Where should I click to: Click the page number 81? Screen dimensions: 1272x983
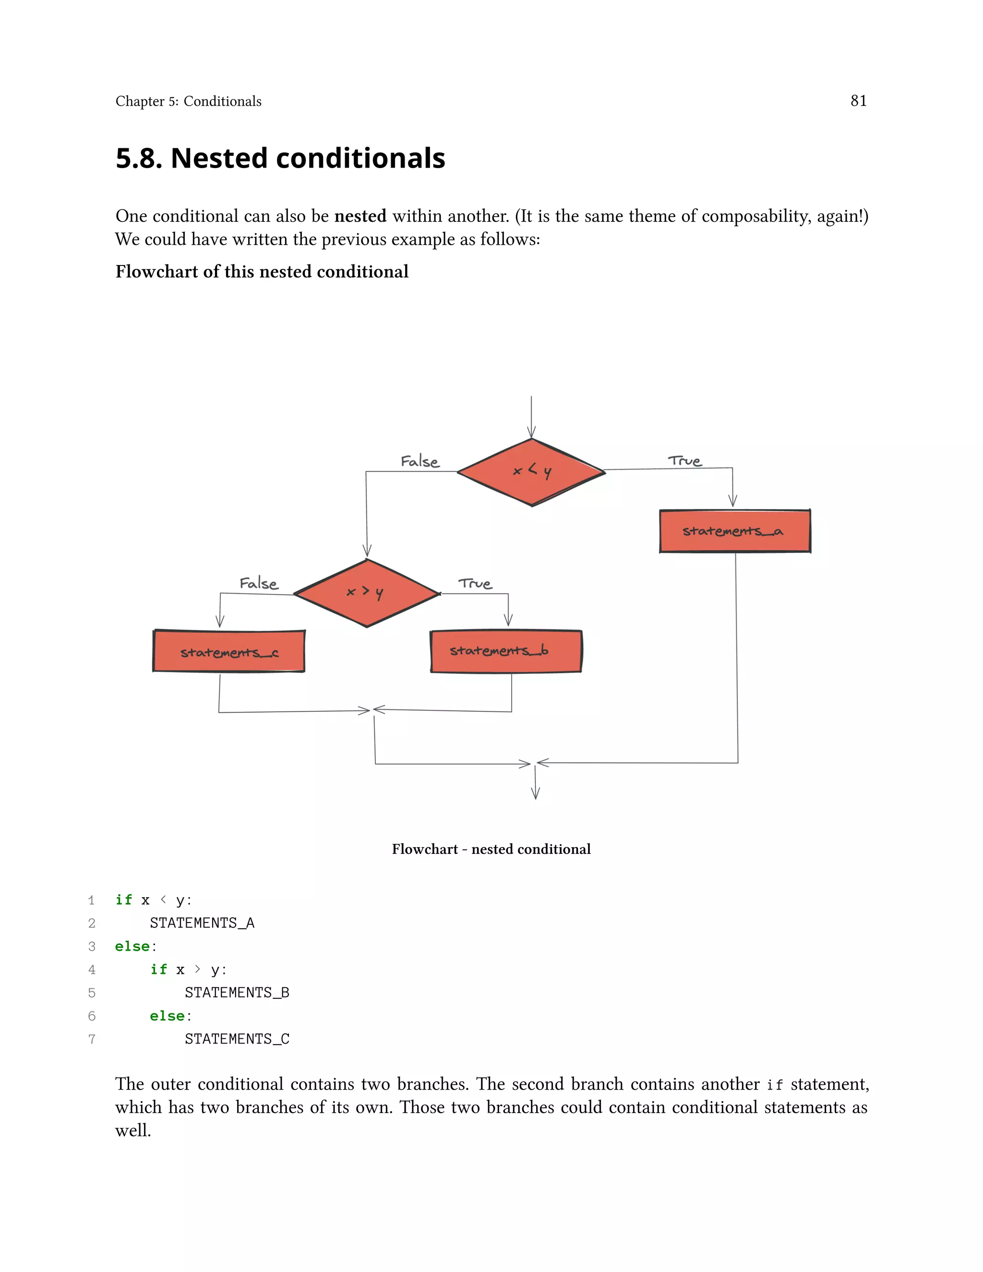858,101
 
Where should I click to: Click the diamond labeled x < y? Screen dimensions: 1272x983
531,472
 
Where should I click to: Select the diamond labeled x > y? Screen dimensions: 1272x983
366,593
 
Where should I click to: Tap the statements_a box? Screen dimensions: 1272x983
734,530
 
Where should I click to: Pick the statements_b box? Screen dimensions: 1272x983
505,650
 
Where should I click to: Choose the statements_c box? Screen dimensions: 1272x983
229,651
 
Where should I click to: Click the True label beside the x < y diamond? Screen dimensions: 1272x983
685,461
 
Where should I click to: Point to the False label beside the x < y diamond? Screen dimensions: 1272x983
420,461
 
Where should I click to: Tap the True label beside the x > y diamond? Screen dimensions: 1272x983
475,583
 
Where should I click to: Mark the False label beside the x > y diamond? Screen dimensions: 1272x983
259,583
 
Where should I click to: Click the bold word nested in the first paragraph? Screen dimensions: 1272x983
360,216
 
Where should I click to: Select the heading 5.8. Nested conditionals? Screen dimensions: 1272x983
280,158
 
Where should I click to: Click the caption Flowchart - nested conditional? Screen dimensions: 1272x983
491,849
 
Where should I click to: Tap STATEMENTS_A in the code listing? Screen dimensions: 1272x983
202,923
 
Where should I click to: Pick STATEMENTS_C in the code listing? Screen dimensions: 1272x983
237,1039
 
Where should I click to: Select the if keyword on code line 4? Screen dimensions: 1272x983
158,969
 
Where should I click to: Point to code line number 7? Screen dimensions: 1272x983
91,1039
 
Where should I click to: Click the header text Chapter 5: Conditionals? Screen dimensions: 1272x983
188,101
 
